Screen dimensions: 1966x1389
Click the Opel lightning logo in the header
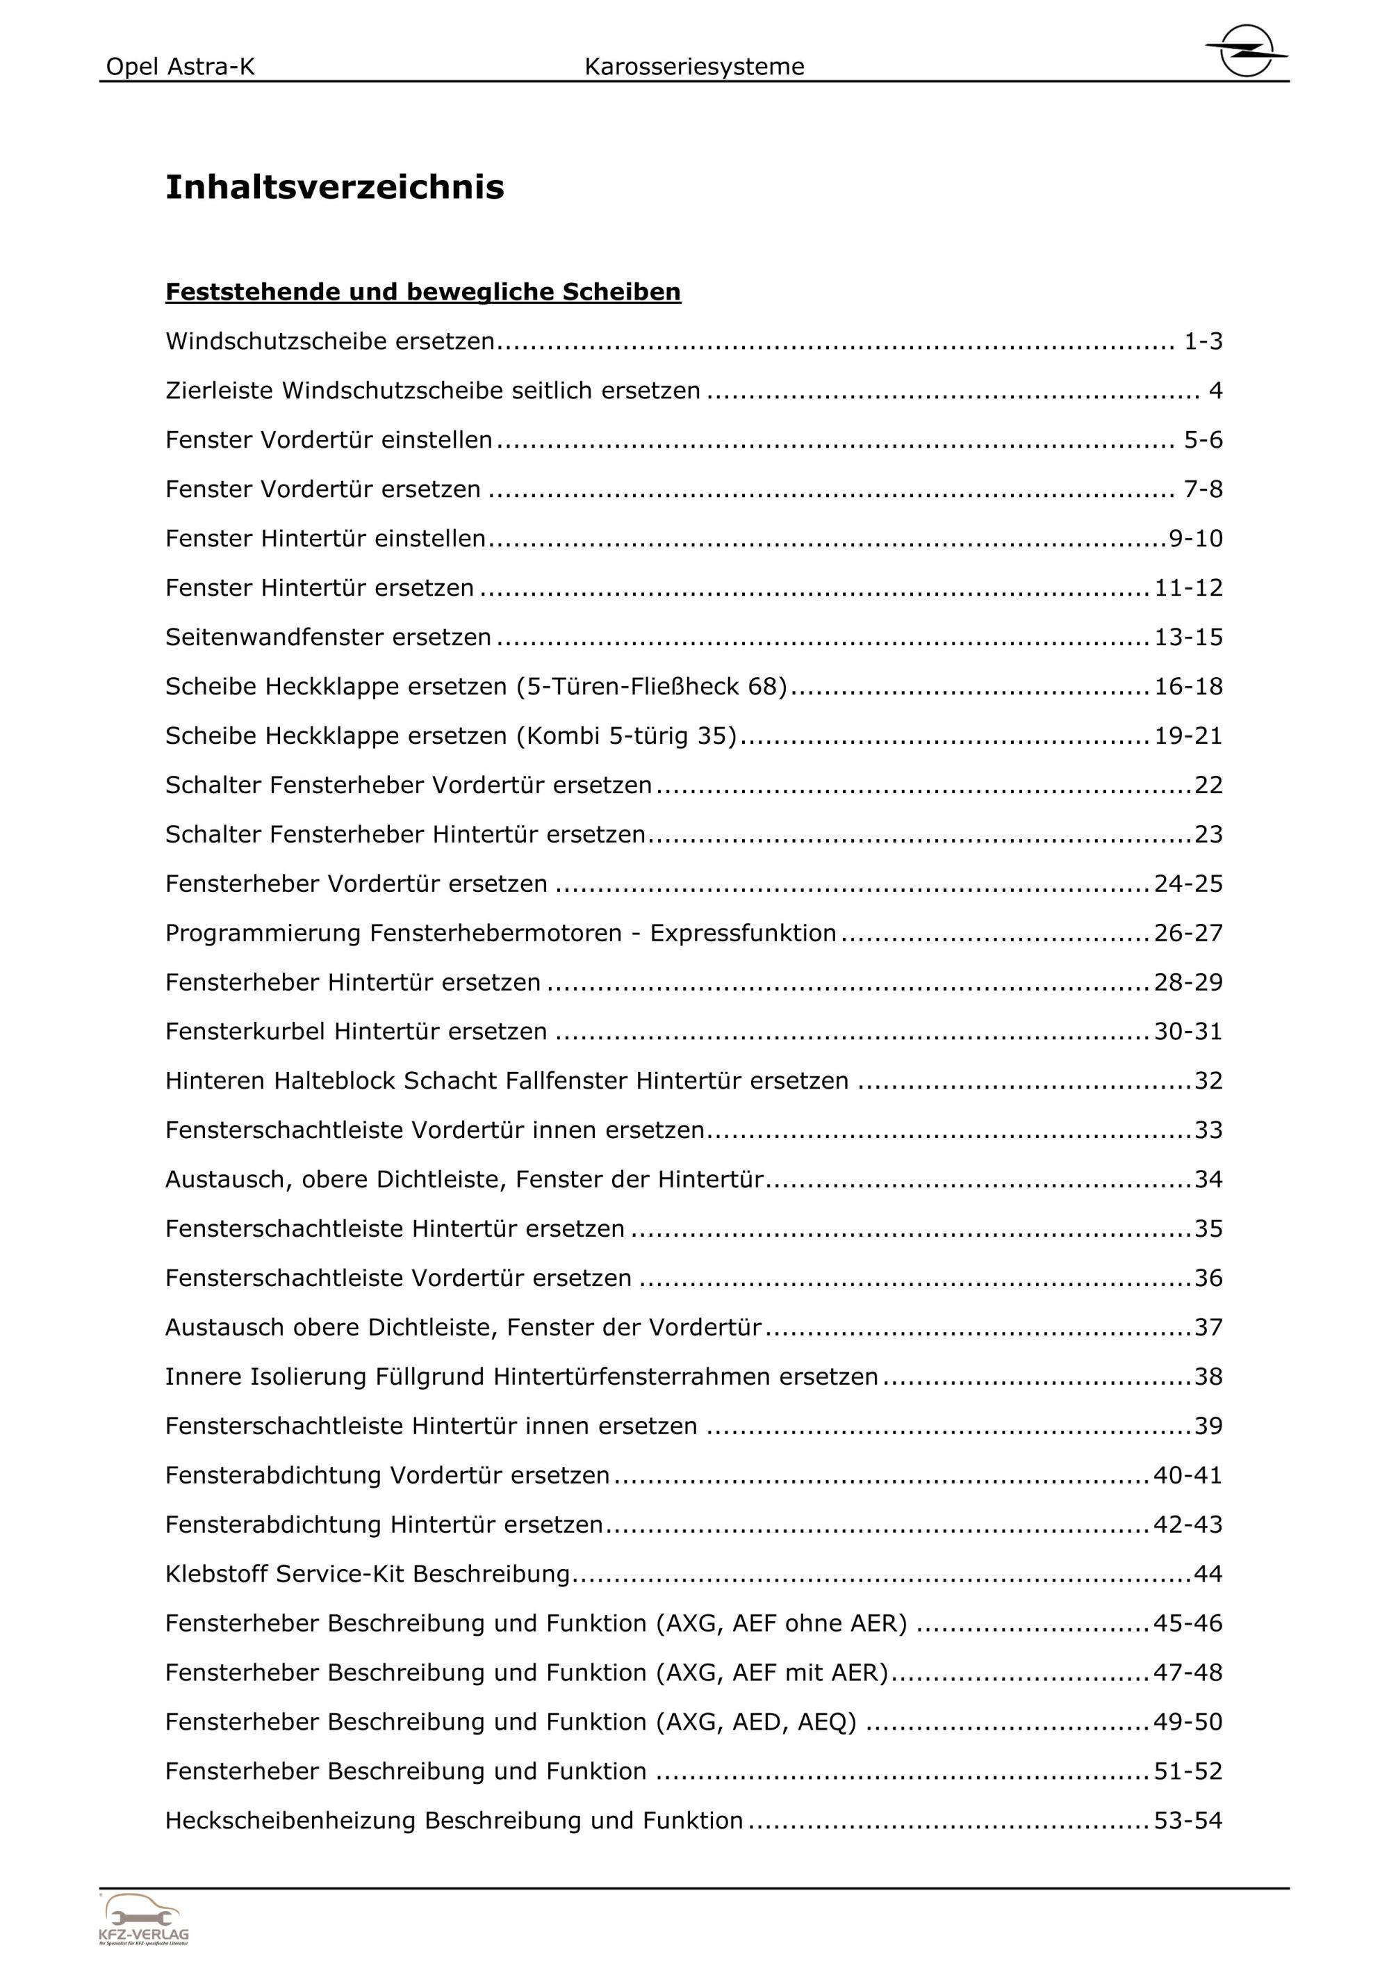[x=1246, y=51]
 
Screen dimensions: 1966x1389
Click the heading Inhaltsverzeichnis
[x=335, y=188]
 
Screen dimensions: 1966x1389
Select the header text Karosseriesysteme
[x=694, y=67]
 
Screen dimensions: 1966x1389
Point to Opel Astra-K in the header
[x=181, y=67]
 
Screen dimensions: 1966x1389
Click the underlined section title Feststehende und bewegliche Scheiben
[x=422, y=292]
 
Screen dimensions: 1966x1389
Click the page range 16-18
[x=1188, y=687]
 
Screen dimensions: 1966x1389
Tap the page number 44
[x=1208, y=1574]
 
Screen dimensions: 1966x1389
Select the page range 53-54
[x=1188, y=1821]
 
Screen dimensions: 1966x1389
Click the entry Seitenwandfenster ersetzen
[x=329, y=637]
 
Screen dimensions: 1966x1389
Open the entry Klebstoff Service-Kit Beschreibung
[x=368, y=1574]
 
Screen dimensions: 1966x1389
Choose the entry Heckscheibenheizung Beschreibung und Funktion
[x=454, y=1821]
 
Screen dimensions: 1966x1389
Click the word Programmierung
[x=263, y=934]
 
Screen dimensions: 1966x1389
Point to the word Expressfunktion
[x=743, y=934]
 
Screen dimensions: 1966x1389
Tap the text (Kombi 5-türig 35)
[x=627, y=736]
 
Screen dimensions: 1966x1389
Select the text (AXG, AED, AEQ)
[x=757, y=1722]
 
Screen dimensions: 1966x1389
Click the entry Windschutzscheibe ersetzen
[x=330, y=341]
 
